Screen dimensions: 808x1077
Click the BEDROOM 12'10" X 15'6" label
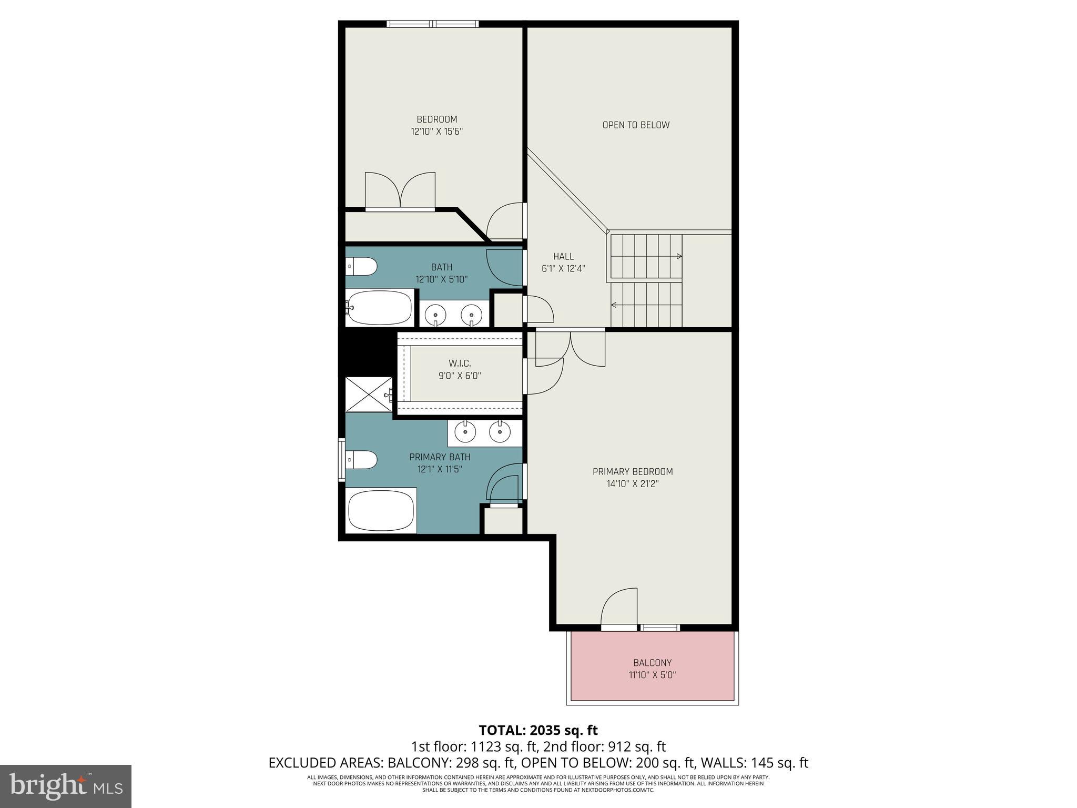[436, 125]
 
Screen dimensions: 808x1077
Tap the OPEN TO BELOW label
[636, 125]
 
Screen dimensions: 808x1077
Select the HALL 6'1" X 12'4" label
[563, 262]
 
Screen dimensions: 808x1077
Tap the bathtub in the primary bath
[381, 511]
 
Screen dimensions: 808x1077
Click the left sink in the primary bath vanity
[465, 432]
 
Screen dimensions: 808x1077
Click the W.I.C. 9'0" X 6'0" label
[460, 369]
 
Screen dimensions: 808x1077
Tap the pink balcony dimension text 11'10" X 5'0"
[652, 674]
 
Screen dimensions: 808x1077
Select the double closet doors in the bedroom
[400, 191]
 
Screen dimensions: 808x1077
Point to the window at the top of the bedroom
[433, 24]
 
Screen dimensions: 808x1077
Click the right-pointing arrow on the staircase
[679, 257]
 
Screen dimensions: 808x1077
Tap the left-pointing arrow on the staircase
[614, 305]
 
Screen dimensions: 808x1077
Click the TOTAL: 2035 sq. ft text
[538, 730]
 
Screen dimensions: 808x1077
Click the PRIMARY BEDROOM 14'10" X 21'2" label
[633, 477]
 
